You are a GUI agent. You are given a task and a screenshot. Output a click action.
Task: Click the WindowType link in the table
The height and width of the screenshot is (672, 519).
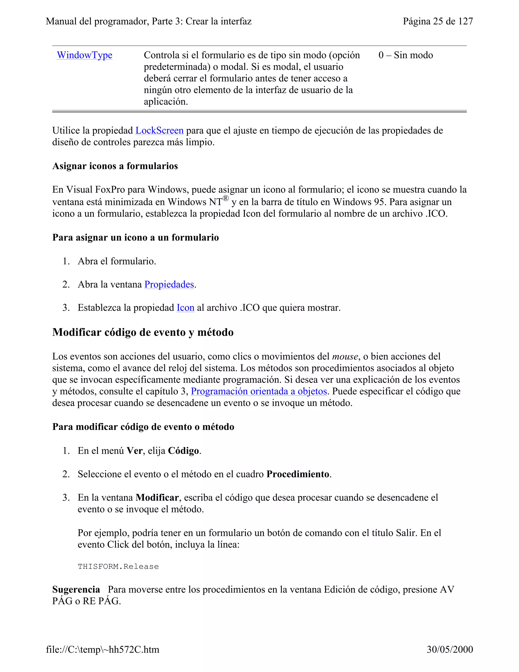click(x=85, y=55)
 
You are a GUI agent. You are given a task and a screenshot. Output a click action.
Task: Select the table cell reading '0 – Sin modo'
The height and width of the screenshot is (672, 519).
click(x=405, y=55)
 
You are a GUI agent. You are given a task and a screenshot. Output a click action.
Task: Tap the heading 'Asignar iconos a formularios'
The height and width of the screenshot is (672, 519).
click(x=115, y=166)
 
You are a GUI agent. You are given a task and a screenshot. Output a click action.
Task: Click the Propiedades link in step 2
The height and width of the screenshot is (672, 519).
click(x=169, y=284)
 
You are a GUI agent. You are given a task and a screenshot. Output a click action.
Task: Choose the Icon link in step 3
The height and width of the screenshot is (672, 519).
click(x=186, y=308)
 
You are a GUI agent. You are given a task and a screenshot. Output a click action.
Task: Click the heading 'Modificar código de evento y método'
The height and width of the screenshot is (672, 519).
click(x=143, y=332)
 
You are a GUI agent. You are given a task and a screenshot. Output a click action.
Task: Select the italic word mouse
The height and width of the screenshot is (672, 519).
click(x=345, y=357)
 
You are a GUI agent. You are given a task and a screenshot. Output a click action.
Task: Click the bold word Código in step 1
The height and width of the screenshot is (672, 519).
click(x=183, y=451)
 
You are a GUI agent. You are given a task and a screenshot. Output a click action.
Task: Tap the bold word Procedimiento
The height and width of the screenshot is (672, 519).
click(x=298, y=474)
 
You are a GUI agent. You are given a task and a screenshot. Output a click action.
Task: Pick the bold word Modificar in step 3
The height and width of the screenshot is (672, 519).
click(x=157, y=498)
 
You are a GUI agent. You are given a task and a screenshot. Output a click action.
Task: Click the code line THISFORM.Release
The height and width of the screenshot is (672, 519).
click(x=118, y=567)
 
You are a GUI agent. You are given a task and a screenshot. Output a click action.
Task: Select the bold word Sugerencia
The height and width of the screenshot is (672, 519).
click(x=76, y=590)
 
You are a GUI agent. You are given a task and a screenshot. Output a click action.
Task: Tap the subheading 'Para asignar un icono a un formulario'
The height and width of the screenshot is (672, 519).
click(x=135, y=238)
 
